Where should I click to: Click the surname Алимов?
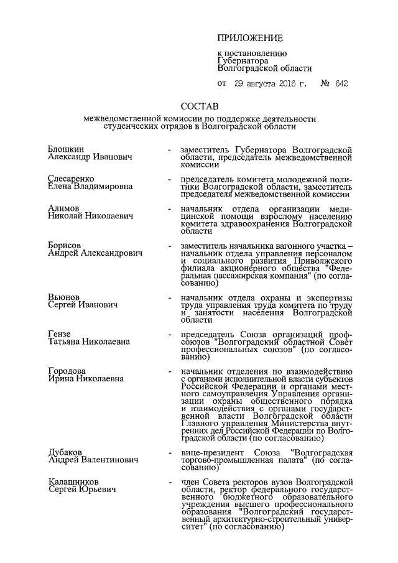point(63,207)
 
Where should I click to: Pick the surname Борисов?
point(65,245)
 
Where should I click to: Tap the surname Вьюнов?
point(64,297)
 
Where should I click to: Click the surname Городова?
point(67,371)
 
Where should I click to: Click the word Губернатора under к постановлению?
point(243,61)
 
